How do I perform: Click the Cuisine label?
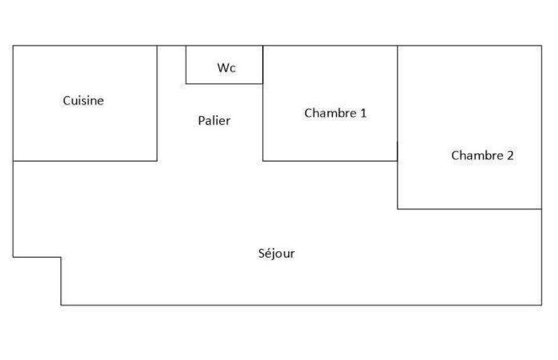coord(83,101)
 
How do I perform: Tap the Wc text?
coord(226,67)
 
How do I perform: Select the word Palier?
coord(214,121)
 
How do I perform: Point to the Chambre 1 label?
coord(335,113)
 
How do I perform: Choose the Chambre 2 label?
coord(482,155)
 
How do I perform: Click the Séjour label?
coord(277,253)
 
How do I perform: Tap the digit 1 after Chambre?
coord(363,113)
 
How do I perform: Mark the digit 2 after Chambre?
coord(510,155)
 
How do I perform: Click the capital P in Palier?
coord(202,121)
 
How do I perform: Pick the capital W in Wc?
coord(223,67)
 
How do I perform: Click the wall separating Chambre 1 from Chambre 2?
coord(398,104)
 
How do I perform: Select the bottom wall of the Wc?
coord(224,84)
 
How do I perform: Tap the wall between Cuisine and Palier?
coord(157,104)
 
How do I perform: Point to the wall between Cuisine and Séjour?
coord(85,161)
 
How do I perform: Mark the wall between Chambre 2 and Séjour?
coord(470,209)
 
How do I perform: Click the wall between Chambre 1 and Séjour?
coord(330,161)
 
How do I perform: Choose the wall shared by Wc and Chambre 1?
coord(263,65)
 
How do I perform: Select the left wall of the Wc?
coord(186,65)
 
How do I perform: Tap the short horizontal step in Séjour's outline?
coord(37,256)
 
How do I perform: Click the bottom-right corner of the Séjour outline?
coord(542,305)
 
